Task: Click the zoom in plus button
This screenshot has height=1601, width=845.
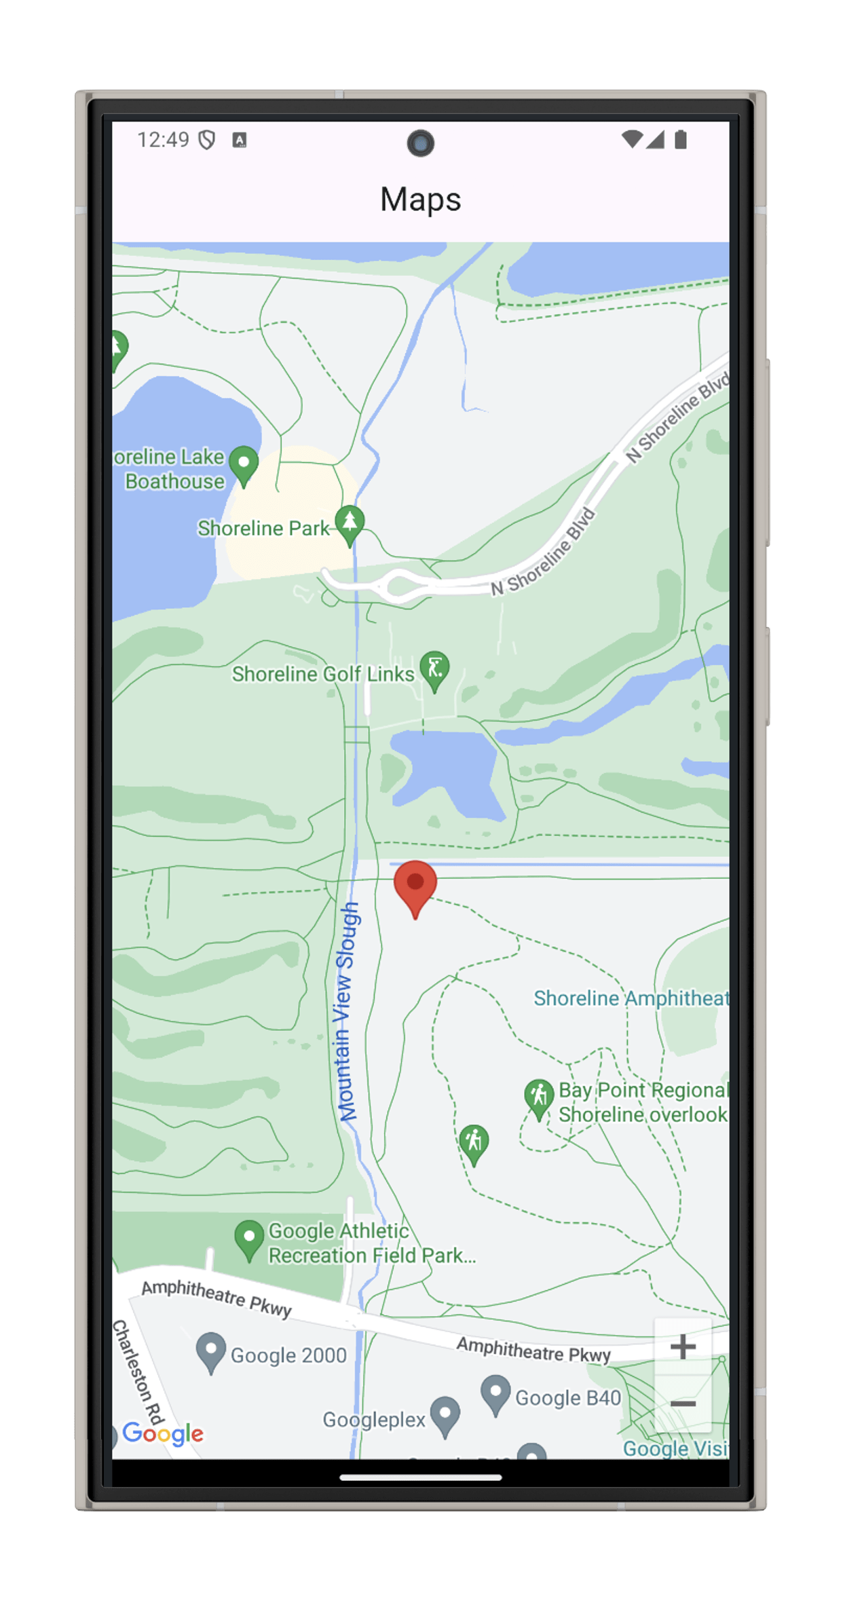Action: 683,1347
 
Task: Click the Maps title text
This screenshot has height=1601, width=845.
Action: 420,200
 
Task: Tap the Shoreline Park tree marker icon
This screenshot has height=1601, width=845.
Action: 350,523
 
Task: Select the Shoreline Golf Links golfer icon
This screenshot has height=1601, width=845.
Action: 434,668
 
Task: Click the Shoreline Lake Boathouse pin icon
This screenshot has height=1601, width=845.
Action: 244,464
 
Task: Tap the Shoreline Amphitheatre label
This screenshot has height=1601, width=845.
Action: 631,998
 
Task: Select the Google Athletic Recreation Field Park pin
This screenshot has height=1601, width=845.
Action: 249,1239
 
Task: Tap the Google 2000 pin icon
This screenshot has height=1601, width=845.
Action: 210,1351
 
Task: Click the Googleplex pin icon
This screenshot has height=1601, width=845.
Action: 445,1414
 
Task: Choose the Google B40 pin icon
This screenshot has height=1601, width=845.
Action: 495,1393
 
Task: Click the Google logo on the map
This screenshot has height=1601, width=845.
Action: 163,1433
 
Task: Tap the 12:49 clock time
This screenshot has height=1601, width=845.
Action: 163,140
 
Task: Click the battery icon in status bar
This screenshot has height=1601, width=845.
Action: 681,140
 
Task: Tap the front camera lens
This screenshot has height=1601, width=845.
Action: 420,143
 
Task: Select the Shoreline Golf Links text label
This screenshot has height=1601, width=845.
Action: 322,674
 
